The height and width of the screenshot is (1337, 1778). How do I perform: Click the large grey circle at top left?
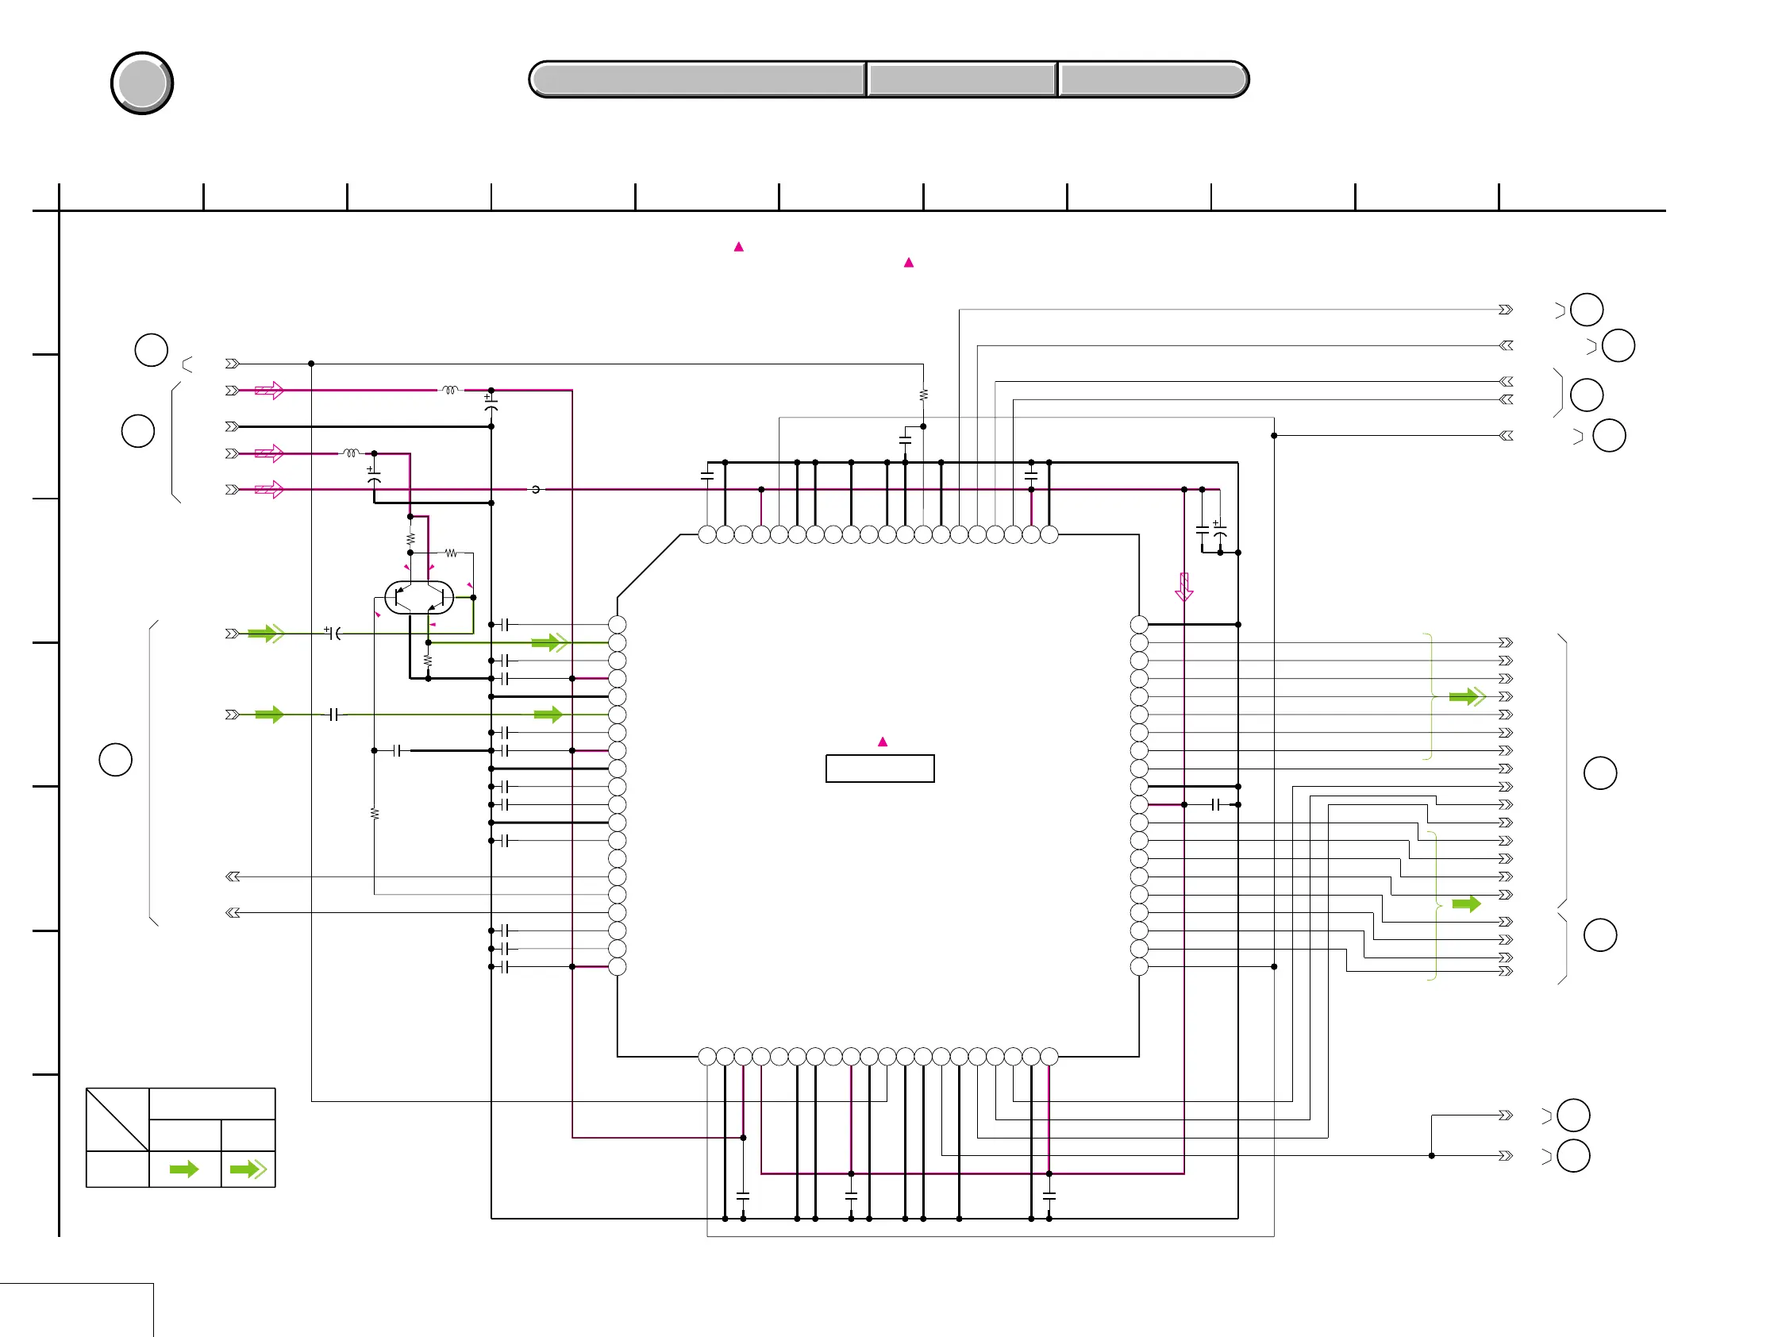(142, 83)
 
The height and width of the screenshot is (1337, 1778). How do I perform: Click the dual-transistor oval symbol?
(419, 597)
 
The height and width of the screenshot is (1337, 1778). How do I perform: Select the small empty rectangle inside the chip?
(879, 769)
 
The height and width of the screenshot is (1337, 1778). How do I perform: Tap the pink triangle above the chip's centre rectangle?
(883, 742)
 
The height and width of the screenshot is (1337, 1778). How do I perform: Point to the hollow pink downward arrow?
(1184, 587)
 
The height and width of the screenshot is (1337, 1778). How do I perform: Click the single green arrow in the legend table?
(184, 1169)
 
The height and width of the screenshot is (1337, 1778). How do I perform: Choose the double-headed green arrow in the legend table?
(248, 1169)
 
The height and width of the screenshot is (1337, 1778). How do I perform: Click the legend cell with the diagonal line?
(117, 1119)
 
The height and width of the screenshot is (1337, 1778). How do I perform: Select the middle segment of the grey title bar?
(961, 79)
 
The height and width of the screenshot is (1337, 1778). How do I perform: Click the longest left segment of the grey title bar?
(698, 79)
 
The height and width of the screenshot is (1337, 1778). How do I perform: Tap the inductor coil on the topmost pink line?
(450, 390)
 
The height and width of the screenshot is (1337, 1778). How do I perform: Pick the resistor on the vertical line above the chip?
(924, 395)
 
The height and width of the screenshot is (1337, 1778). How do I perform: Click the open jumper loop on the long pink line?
(535, 489)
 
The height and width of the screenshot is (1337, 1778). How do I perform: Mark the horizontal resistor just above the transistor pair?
(451, 553)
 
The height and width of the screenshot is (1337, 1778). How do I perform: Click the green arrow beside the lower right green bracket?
(1466, 904)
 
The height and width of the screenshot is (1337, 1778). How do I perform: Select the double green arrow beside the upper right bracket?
(1468, 696)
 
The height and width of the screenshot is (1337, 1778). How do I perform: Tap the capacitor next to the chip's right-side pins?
(1215, 805)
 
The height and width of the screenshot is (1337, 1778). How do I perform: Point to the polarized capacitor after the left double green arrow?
(333, 634)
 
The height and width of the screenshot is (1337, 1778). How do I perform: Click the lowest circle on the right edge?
(1573, 1156)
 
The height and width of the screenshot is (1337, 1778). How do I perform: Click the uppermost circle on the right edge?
(1587, 310)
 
